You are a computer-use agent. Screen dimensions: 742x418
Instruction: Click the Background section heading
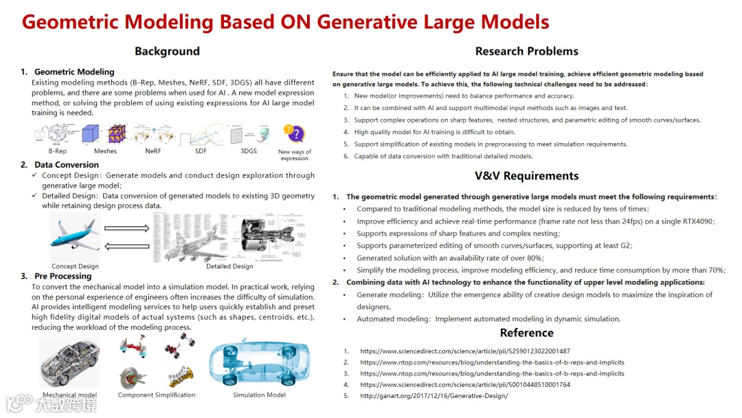(167, 52)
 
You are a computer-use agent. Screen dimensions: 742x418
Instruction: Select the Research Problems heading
(526, 52)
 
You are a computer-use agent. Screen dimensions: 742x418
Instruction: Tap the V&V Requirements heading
(526, 176)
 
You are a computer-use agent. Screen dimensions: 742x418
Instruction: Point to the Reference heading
(526, 333)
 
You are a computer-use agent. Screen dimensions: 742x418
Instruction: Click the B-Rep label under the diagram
(58, 151)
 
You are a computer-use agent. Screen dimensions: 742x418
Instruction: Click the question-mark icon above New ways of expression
(294, 133)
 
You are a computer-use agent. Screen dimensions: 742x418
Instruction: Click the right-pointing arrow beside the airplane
(126, 228)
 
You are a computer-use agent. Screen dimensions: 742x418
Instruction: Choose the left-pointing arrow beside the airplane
(126, 246)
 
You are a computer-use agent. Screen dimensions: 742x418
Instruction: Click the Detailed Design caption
(229, 266)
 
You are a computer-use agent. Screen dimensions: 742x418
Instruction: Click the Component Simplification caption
(157, 395)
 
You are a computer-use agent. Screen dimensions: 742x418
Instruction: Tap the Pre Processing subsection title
(63, 276)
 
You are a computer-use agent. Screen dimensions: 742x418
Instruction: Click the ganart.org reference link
(434, 396)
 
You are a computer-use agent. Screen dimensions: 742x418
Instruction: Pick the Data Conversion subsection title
(67, 165)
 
